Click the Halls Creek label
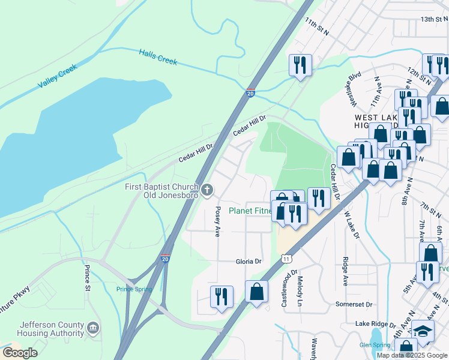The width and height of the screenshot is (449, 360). tap(158, 57)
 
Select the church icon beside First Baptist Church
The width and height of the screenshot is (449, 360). tap(207, 190)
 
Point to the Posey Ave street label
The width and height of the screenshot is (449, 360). tap(217, 221)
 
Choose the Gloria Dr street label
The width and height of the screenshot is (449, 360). tap(248, 262)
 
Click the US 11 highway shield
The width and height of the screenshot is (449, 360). tap(286, 258)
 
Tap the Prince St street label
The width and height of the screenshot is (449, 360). tap(88, 278)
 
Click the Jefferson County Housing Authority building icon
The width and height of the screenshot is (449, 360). tap(92, 328)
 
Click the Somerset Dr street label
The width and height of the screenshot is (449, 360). tap(354, 304)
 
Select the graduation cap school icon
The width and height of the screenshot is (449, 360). tap(423, 331)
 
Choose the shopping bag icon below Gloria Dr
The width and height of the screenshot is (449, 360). tap(256, 292)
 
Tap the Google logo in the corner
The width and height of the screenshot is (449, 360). tap(20, 353)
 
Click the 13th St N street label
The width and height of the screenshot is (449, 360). tap(435, 19)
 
